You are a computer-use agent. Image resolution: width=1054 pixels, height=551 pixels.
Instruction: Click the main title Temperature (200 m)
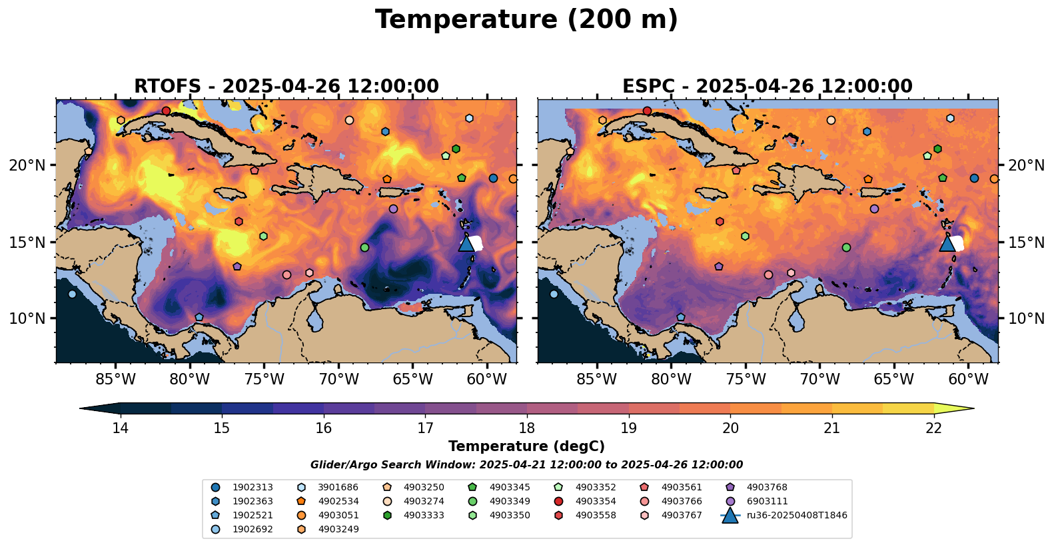pyautogui.click(x=526, y=20)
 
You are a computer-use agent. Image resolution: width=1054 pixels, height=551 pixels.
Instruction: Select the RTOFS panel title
pyautogui.click(x=286, y=86)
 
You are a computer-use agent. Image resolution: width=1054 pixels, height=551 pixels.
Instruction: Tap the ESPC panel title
pyautogui.click(x=768, y=86)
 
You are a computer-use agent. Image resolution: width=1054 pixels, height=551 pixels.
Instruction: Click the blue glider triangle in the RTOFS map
pyautogui.click(x=466, y=244)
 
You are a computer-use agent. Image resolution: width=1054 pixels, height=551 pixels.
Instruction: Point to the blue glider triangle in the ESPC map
pyautogui.click(x=947, y=244)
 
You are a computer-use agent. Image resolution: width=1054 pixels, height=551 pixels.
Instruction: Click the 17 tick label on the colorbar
pyautogui.click(x=425, y=428)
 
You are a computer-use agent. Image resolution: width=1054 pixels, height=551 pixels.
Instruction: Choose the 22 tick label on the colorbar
pyautogui.click(x=933, y=428)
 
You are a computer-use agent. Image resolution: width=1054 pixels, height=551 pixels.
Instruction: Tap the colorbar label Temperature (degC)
pyautogui.click(x=526, y=446)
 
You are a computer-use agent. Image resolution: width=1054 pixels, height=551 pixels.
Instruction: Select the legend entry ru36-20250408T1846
pyautogui.click(x=784, y=515)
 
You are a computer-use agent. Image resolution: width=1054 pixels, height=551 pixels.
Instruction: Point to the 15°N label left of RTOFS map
pyautogui.click(x=27, y=243)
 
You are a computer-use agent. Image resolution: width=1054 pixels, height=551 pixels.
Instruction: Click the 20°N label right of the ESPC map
pyautogui.click(x=1026, y=166)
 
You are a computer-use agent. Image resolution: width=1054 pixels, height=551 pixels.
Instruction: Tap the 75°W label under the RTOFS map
pyautogui.click(x=264, y=379)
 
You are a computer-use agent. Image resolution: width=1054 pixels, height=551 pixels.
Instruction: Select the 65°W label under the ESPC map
pyautogui.click(x=894, y=379)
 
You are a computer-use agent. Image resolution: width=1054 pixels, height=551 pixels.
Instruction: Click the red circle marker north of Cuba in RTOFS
pyautogui.click(x=166, y=111)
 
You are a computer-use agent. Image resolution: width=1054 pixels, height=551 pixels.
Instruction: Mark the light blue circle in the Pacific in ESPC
pyautogui.click(x=554, y=294)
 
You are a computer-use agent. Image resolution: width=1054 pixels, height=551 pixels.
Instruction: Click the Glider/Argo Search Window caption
pyautogui.click(x=526, y=465)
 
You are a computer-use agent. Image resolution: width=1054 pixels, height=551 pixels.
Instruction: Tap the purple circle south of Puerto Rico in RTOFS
pyautogui.click(x=393, y=209)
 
